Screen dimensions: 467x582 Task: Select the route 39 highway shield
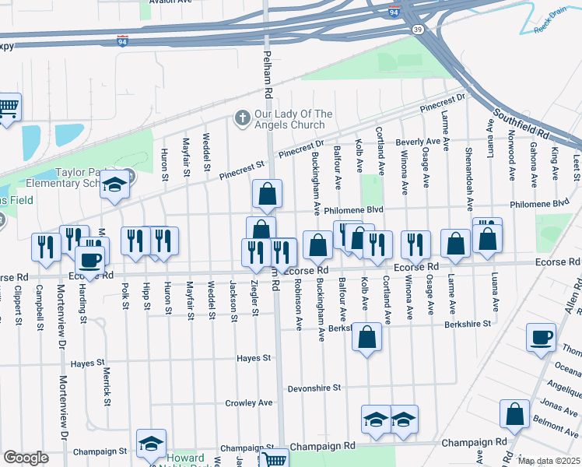(418, 29)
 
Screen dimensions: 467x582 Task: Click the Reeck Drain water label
(553, 23)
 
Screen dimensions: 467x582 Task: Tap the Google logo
(26, 458)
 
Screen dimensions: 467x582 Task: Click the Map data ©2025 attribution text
(549, 461)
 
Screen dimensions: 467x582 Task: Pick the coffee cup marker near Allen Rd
(541, 337)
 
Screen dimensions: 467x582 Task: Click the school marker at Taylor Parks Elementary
(115, 184)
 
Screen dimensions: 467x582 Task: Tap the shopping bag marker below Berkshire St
(367, 337)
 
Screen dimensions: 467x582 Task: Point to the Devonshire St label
(314, 387)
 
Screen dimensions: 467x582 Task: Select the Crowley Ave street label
(249, 402)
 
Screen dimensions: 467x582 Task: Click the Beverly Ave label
(418, 142)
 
